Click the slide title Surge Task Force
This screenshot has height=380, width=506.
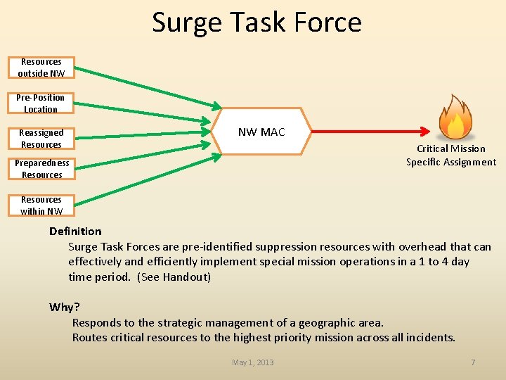click(x=257, y=23)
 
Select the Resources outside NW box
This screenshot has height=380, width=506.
click(x=41, y=68)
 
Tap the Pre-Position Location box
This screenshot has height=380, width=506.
click(x=41, y=103)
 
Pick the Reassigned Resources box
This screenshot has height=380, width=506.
click(x=41, y=139)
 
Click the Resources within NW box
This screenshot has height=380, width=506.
click(x=41, y=205)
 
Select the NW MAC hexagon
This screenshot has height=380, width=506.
click(x=261, y=132)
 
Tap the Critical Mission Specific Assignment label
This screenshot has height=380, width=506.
click(x=451, y=156)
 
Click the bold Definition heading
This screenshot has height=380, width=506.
click(x=75, y=231)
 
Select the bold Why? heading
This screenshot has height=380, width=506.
click(x=65, y=307)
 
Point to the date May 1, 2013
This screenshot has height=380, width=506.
click(x=253, y=362)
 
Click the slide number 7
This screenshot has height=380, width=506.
click(x=473, y=362)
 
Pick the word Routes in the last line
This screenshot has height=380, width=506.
click(x=90, y=337)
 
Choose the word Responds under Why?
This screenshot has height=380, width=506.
click(x=97, y=322)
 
